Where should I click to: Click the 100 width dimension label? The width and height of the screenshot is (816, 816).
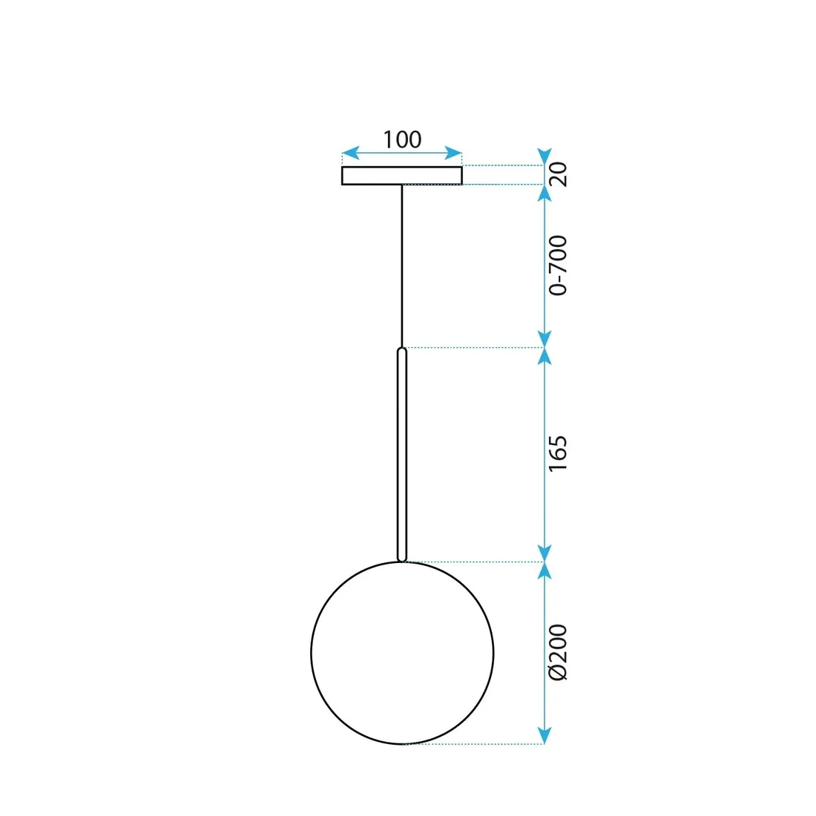(x=402, y=139)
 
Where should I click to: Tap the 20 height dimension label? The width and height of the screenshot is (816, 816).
(x=558, y=174)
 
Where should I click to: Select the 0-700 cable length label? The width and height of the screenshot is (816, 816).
(x=558, y=265)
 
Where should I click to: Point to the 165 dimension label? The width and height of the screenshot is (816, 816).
(x=558, y=453)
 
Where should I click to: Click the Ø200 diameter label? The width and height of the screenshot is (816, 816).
(x=558, y=652)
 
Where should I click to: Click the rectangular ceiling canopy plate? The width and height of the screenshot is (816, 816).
(x=402, y=176)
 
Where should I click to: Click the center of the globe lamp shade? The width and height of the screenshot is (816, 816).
(x=402, y=653)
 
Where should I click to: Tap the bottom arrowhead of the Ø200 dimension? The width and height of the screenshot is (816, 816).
(x=545, y=736)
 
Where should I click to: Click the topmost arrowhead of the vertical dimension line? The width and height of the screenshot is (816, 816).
(x=545, y=158)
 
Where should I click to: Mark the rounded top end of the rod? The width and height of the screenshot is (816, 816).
(x=402, y=350)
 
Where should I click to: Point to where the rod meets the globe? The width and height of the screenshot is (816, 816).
(x=402, y=562)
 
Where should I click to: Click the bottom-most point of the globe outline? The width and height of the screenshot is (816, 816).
(x=402, y=743)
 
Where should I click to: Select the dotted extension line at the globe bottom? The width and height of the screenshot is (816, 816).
(x=475, y=743)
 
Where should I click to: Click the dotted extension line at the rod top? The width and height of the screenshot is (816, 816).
(x=475, y=347)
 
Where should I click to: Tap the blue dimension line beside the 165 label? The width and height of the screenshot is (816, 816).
(x=545, y=454)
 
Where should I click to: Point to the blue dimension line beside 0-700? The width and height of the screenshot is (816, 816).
(x=545, y=265)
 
